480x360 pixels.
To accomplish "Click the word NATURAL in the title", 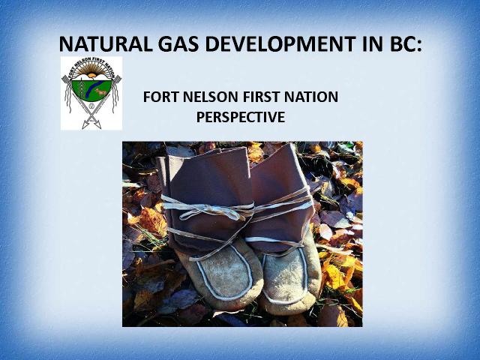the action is pyautogui.click(x=106, y=43).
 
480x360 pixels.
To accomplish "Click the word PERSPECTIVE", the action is pyautogui.click(x=241, y=117).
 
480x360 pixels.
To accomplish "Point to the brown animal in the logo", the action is pyautogui.click(x=100, y=91).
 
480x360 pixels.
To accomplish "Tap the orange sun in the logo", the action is pyautogui.click(x=91, y=75).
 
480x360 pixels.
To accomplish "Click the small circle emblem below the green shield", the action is pyautogui.click(x=91, y=106).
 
